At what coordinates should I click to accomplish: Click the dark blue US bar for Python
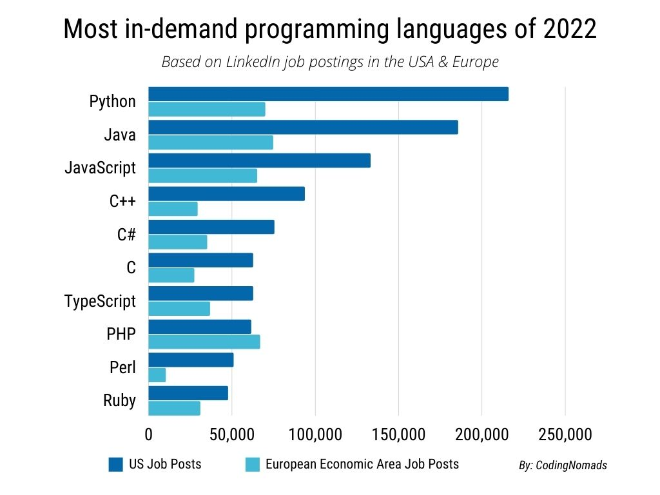click(328, 94)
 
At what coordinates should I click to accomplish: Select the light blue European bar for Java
click(211, 142)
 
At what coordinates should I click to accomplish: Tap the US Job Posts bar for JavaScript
click(259, 160)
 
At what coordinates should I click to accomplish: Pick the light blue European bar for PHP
click(204, 342)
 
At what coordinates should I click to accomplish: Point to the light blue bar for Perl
click(157, 375)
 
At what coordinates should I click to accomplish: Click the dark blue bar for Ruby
click(188, 393)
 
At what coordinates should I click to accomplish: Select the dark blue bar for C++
click(226, 194)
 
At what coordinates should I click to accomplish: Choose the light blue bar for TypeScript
click(179, 309)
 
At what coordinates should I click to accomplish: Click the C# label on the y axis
click(126, 235)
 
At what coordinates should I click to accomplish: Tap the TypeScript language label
click(101, 301)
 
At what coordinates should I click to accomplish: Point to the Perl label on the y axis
click(123, 368)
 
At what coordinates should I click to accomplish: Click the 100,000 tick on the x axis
click(315, 434)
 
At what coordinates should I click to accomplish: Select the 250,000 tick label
click(565, 434)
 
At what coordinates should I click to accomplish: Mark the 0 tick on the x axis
click(149, 434)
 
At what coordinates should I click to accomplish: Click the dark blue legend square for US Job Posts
click(116, 464)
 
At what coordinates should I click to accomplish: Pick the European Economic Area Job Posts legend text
click(362, 464)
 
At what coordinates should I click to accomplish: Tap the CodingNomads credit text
click(563, 465)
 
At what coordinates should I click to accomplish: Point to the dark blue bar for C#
click(211, 227)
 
